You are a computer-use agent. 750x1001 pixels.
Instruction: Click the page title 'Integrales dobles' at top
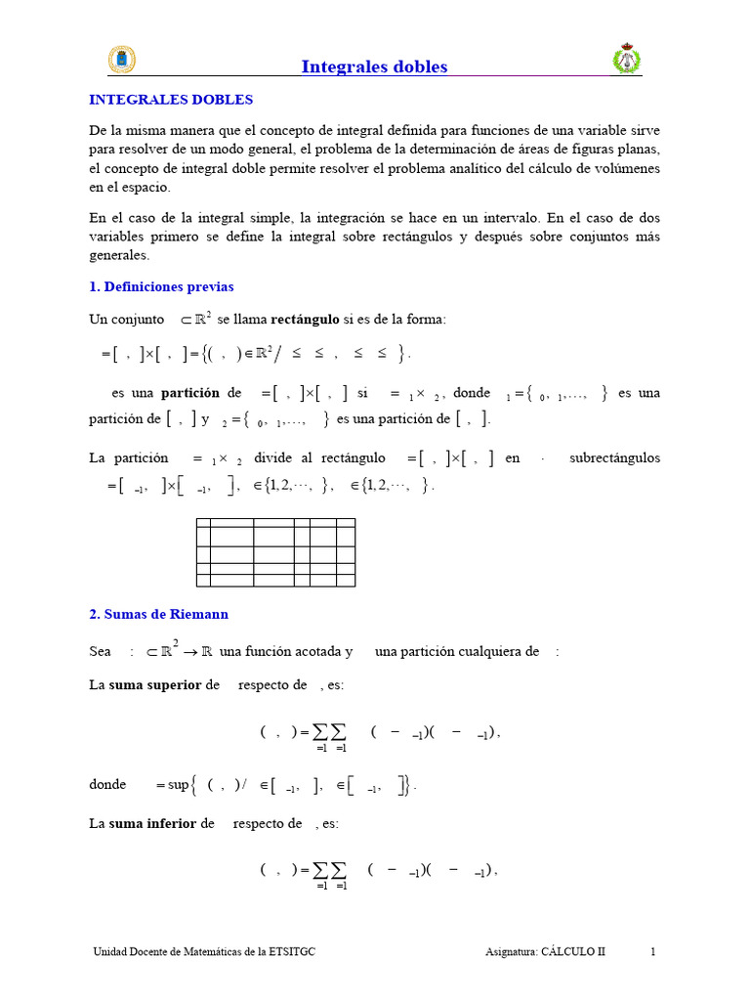tap(374, 66)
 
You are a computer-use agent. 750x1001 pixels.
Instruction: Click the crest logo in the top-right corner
tap(625, 60)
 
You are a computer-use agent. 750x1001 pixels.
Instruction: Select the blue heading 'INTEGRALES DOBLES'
tap(171, 100)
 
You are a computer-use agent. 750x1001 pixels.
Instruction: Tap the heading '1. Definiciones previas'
tap(161, 286)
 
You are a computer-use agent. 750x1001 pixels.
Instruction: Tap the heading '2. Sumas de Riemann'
tap(158, 614)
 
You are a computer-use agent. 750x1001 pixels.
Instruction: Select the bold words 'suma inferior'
tap(153, 823)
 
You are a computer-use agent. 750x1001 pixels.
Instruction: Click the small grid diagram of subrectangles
tap(275, 552)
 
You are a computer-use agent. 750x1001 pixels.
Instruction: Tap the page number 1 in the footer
tap(653, 951)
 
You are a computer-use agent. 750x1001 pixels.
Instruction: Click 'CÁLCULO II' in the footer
tap(573, 951)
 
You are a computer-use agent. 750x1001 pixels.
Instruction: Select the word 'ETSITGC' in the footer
tap(290, 951)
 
